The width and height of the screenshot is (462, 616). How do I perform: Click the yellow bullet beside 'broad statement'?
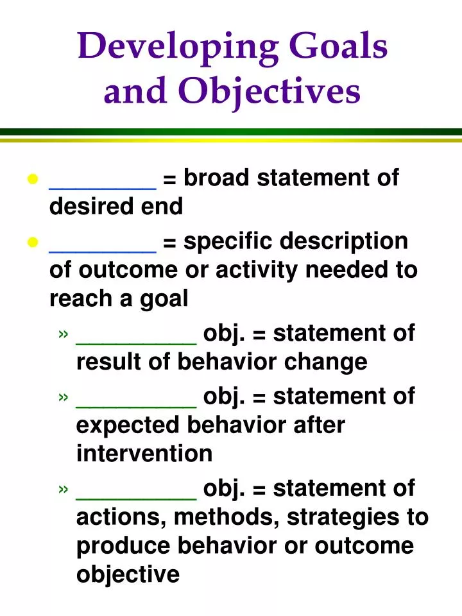[x=33, y=179]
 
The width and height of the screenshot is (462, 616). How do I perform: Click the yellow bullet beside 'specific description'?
[x=33, y=243]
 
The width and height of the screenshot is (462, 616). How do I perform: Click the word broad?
[x=215, y=178]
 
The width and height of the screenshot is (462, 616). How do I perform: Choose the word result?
[x=106, y=362]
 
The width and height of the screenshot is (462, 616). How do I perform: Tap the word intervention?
[x=144, y=454]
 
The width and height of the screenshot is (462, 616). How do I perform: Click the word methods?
[x=218, y=517]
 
